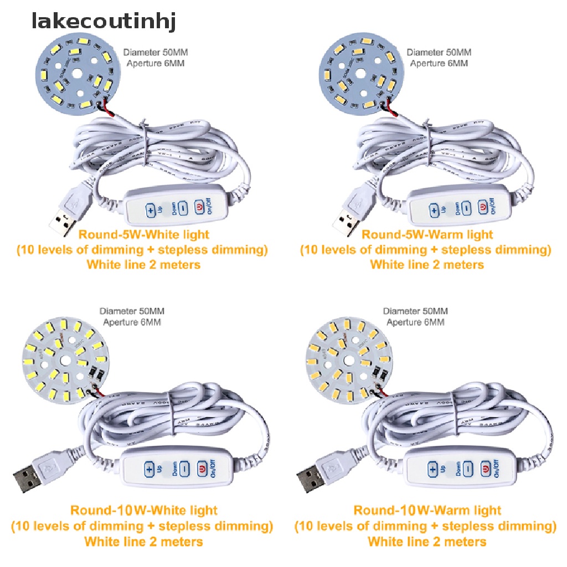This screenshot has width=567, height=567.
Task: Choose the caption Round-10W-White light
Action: click(143, 510)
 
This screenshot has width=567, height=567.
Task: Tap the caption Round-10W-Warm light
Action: click(427, 510)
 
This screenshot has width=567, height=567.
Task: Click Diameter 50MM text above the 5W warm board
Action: click(439, 53)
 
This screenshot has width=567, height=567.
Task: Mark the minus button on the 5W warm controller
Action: click(466, 208)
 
